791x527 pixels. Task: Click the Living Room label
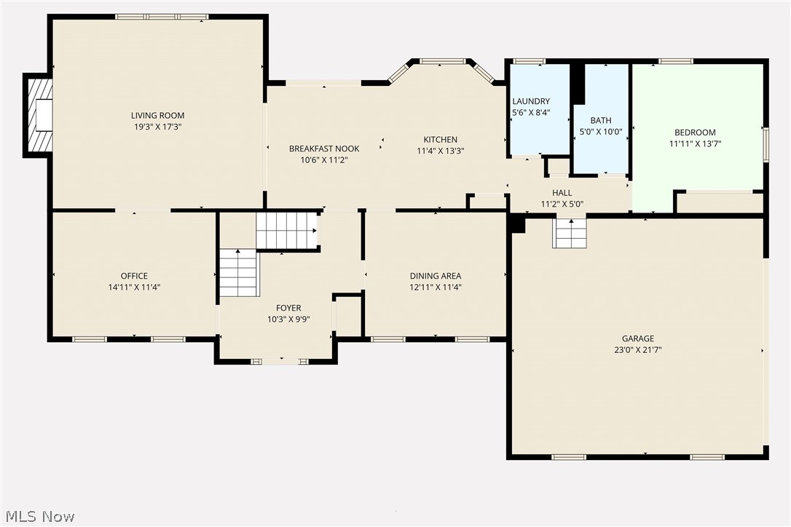click(x=157, y=115)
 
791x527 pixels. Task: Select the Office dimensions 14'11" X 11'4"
click(x=134, y=287)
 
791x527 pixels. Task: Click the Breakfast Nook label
click(x=324, y=148)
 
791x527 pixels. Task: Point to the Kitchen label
click(x=441, y=140)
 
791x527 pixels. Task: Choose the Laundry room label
click(x=531, y=101)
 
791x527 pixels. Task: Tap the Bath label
click(x=601, y=120)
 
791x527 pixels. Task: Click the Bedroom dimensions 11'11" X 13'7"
click(x=695, y=143)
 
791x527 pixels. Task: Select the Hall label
click(x=562, y=193)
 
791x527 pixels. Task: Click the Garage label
click(x=637, y=338)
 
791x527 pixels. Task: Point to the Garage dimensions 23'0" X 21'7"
click(x=637, y=349)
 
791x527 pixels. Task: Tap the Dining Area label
click(x=435, y=276)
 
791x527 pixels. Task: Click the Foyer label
click(x=288, y=308)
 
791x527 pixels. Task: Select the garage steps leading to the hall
click(x=570, y=233)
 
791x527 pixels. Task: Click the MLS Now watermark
click(x=38, y=517)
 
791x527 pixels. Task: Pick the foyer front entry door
click(x=280, y=361)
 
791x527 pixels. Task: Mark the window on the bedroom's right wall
click(x=766, y=143)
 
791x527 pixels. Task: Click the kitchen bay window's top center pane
click(x=443, y=62)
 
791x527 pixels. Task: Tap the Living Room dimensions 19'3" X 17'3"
click(x=157, y=126)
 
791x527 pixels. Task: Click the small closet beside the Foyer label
click(x=347, y=315)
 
